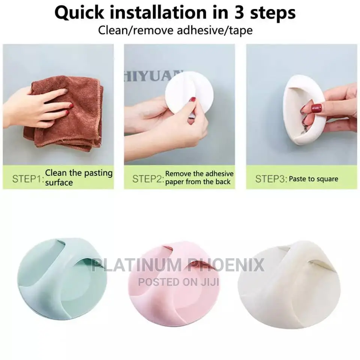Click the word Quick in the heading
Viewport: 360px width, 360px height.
click(x=79, y=13)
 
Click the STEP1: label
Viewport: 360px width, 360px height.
click(x=28, y=179)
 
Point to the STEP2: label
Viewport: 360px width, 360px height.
click(x=148, y=179)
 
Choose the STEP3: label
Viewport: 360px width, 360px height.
click(x=271, y=179)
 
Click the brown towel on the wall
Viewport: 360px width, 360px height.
click(x=64, y=114)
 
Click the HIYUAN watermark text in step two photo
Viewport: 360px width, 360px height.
click(x=153, y=76)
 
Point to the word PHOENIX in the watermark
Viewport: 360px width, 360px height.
click(x=226, y=265)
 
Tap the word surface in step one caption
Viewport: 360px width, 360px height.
click(x=59, y=183)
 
